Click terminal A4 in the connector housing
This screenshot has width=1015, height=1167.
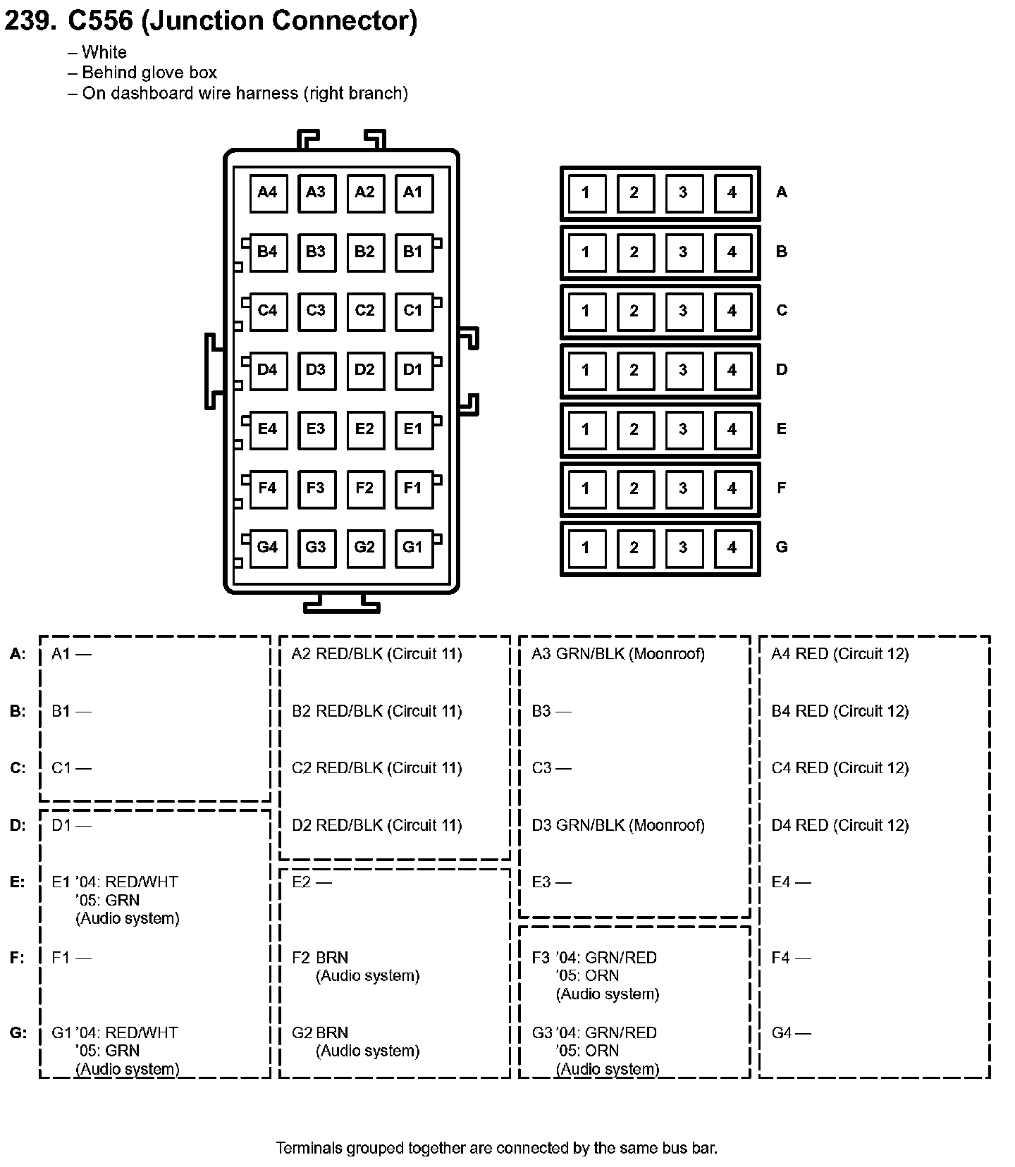pyautogui.click(x=268, y=192)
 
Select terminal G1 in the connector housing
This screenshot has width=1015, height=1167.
pyautogui.click(x=413, y=548)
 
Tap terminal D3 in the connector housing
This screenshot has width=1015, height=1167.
pyautogui.click(x=316, y=370)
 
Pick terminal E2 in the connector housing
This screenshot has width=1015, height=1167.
pyautogui.click(x=364, y=429)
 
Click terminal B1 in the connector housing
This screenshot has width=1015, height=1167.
pyautogui.click(x=413, y=252)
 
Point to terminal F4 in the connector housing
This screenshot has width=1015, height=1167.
pyautogui.click(x=268, y=488)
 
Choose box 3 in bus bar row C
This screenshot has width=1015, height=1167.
pyautogui.click(x=682, y=311)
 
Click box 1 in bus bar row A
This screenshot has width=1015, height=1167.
pyautogui.click(x=585, y=192)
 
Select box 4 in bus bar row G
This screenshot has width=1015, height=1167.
pyautogui.click(x=732, y=548)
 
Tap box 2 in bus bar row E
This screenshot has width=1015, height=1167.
pyautogui.click(x=634, y=429)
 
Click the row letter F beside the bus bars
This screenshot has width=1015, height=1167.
pyautogui.click(x=781, y=488)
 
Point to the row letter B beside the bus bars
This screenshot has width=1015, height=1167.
pyautogui.click(x=781, y=252)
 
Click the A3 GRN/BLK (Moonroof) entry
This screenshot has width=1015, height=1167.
pyautogui.click(x=617, y=654)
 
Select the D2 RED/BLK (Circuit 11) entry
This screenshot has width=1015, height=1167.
pyautogui.click(x=376, y=825)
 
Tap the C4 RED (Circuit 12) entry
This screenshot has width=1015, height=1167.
pyautogui.click(x=839, y=768)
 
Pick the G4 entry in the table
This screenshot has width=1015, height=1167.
pyautogui.click(x=791, y=1033)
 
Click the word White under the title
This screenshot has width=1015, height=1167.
pyautogui.click(x=104, y=52)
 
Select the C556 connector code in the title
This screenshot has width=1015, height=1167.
pyautogui.click(x=99, y=20)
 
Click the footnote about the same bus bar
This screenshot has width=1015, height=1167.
pyautogui.click(x=496, y=1148)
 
